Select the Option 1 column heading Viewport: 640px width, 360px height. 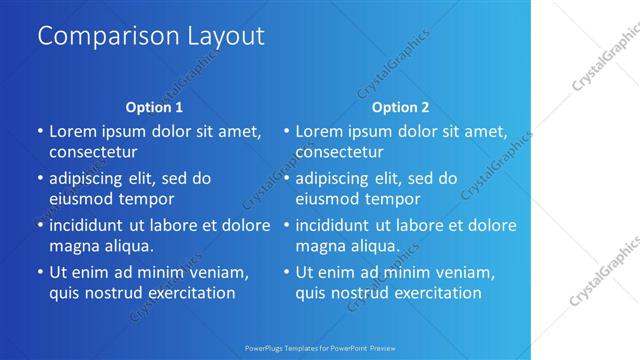pyautogui.click(x=154, y=107)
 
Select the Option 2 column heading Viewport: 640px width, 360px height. pyautogui.click(x=400, y=107)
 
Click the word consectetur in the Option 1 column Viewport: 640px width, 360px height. pyautogui.click(x=93, y=152)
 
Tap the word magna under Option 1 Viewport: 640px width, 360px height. pyautogui.click(x=72, y=246)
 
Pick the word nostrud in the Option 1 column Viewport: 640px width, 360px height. pyautogui.click(x=117, y=294)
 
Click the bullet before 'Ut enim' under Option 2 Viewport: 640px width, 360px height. pyautogui.click(x=286, y=272)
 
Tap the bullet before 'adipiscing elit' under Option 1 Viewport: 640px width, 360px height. pyautogui.click(x=39, y=178)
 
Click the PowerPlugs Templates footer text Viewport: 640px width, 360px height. pyautogui.click(x=319, y=348)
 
